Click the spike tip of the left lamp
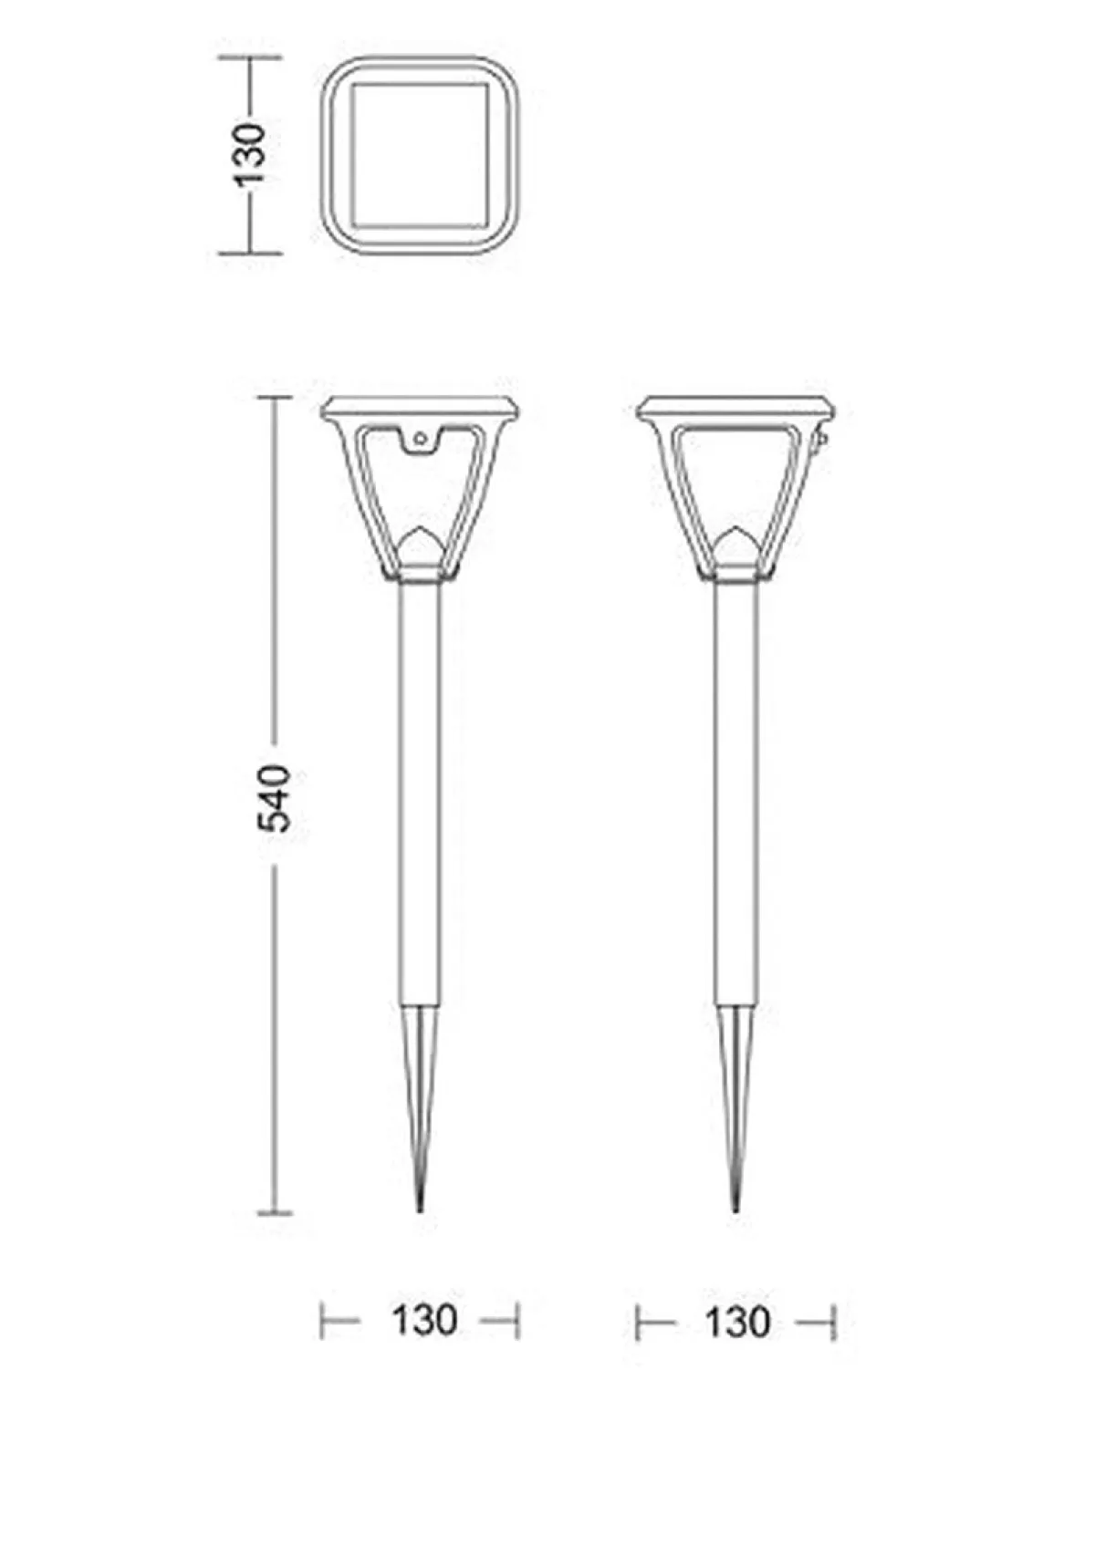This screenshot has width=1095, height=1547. click(420, 1210)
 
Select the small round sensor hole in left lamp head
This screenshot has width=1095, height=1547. click(420, 436)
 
